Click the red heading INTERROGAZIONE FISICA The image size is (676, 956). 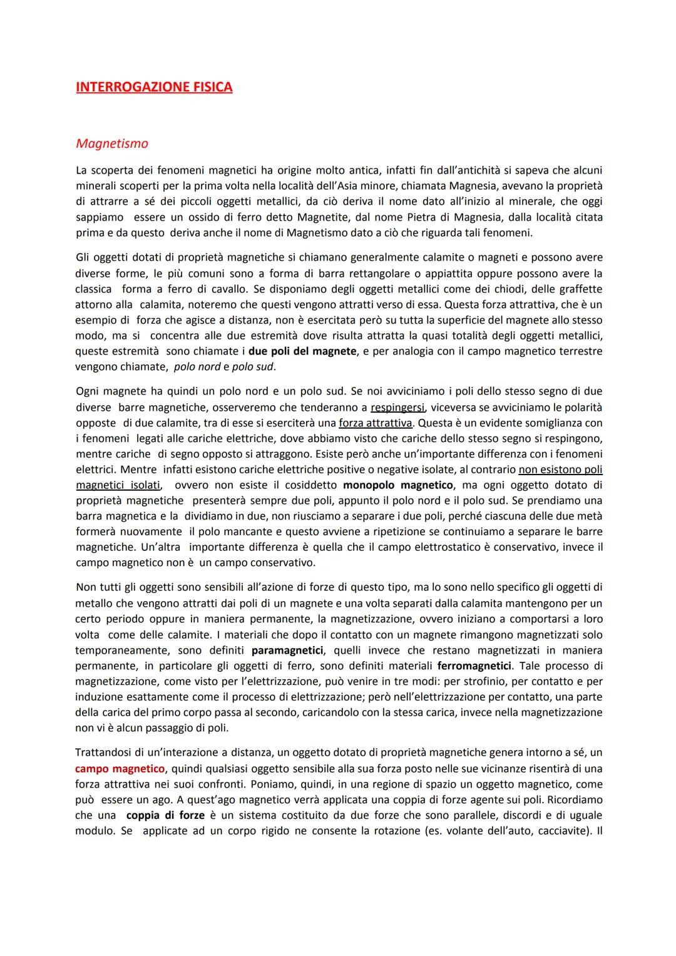tap(154, 87)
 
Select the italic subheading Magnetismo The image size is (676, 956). tap(112, 143)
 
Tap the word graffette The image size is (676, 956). tap(576, 289)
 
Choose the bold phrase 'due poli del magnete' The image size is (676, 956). tap(302, 351)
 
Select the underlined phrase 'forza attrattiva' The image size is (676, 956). tap(376, 423)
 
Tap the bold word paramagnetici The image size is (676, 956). tap(287, 650)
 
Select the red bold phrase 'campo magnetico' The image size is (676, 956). tap(120, 769)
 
